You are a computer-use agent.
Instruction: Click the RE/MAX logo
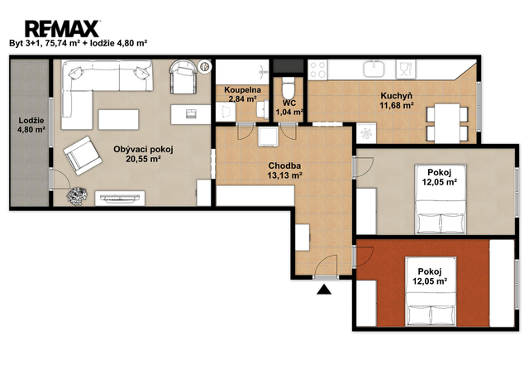62,29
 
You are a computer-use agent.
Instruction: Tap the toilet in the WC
288,88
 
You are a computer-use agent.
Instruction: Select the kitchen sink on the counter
374,69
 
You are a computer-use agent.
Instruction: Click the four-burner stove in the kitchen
317,70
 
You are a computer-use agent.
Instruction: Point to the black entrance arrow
324,290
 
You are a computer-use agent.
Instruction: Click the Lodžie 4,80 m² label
31,125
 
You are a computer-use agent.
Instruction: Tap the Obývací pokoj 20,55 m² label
143,154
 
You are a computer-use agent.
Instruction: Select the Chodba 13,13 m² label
284,170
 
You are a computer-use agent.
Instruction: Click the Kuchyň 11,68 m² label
397,101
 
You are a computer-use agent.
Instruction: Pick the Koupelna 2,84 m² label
242,94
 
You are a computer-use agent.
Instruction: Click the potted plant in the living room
77,195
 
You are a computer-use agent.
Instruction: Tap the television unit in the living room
120,198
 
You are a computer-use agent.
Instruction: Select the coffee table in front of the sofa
118,119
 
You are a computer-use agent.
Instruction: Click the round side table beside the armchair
204,66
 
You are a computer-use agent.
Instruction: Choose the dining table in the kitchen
447,123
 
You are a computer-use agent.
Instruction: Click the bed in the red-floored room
431,291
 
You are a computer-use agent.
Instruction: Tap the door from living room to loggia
60,179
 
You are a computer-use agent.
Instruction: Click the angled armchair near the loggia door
83,156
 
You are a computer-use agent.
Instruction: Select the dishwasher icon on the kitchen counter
406,70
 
